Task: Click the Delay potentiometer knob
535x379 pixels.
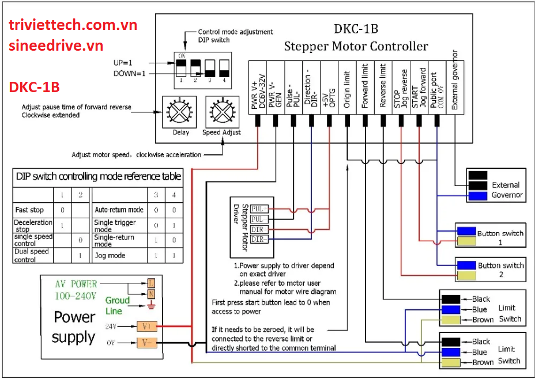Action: point(180,110)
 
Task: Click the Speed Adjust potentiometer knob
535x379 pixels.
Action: point(221,110)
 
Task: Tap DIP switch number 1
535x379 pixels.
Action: point(180,68)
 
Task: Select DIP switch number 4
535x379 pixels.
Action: point(223,68)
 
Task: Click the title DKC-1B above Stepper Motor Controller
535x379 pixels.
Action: point(356,29)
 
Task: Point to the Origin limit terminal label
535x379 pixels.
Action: point(347,86)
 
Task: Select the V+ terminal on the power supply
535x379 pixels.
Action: point(145,326)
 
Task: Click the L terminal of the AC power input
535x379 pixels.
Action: point(151,283)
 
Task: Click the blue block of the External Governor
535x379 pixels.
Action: point(477,196)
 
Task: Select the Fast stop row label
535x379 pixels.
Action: point(29,210)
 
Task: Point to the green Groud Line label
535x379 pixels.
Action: point(118,305)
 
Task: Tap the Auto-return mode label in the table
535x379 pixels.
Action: point(119,210)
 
